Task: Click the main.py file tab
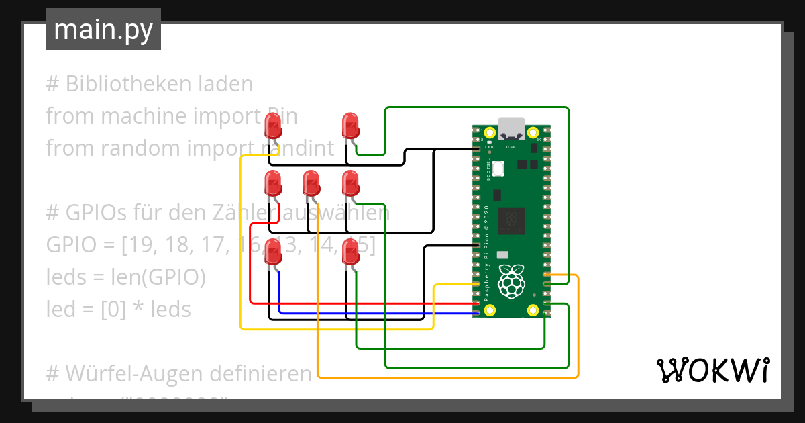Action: [x=103, y=30]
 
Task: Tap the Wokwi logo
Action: [x=712, y=370]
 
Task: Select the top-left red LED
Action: [x=273, y=126]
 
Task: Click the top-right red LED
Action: [x=350, y=126]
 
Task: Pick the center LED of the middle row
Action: [x=311, y=183]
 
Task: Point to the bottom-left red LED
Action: [x=273, y=251]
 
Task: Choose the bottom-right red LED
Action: [x=350, y=251]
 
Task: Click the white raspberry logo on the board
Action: [x=511, y=281]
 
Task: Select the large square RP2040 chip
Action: [x=515, y=219]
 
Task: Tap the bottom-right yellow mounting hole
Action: [x=533, y=310]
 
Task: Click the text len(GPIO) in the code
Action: [x=159, y=277]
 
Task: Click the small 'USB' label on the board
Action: [x=511, y=146]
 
